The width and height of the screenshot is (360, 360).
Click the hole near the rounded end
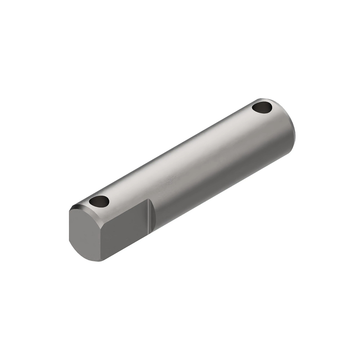click(x=262, y=107)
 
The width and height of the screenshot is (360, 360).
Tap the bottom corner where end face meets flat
click(x=104, y=261)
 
